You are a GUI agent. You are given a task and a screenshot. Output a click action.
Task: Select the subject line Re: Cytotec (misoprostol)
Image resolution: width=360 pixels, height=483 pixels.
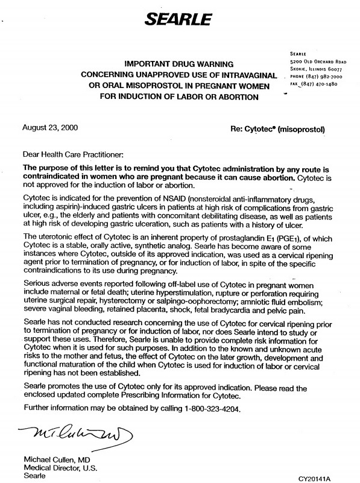[277, 129]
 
